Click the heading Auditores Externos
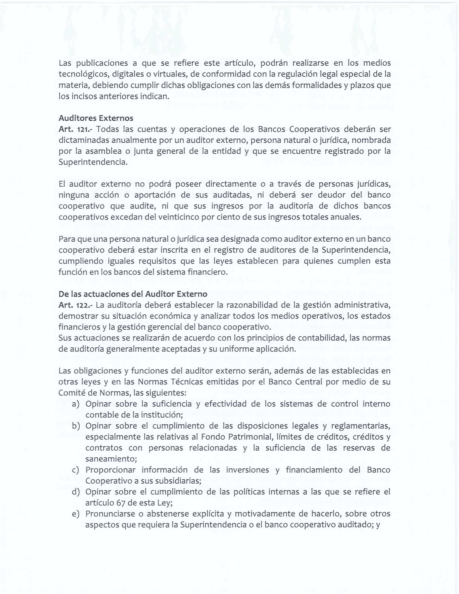96,118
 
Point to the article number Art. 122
75,305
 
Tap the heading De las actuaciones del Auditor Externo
133,294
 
